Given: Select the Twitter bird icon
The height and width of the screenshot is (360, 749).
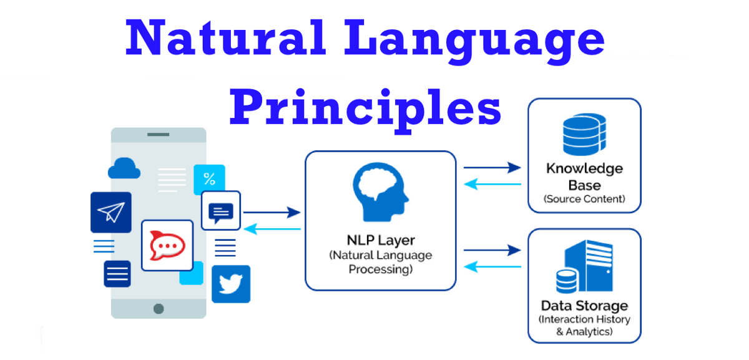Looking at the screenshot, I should [x=231, y=284].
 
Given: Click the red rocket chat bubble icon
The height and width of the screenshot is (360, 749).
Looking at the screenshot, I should [x=167, y=245].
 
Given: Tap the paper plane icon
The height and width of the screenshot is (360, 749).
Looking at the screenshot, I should [x=111, y=212].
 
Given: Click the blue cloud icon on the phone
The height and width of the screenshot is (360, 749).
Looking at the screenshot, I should [x=124, y=168].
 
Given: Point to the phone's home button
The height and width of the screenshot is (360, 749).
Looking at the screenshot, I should [x=159, y=308].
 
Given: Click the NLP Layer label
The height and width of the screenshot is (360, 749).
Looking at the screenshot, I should [x=380, y=240].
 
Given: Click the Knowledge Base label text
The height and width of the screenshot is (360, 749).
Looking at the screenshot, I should [x=584, y=177].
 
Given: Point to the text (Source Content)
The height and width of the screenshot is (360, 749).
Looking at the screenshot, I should [x=584, y=200].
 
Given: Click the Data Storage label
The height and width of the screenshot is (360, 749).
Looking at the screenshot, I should [x=584, y=306].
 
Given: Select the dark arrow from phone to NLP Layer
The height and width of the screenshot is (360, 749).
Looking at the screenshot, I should [x=272, y=213].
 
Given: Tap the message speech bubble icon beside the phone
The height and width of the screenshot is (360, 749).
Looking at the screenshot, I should [x=221, y=212].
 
